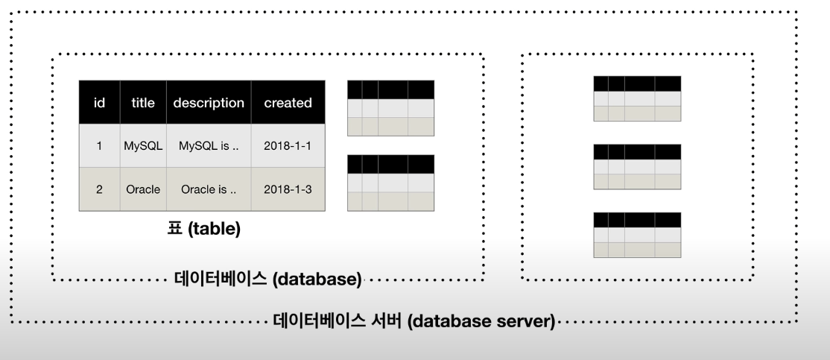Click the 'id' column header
tap(99, 103)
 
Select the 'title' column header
tap(143, 103)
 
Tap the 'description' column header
tap(209, 103)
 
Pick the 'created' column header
tap(288, 103)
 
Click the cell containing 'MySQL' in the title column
tap(143, 146)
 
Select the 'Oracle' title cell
tap(143, 189)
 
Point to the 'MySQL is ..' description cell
tap(209, 146)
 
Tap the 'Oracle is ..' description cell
tap(209, 189)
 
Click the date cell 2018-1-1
tap(288, 146)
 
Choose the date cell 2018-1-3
tap(288, 189)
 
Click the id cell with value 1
tap(99, 146)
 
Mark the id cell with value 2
tap(99, 189)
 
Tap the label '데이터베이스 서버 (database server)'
tap(414, 322)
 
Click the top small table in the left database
tap(390, 108)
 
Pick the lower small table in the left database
tap(390, 183)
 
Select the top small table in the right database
tap(637, 98)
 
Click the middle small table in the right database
tap(637, 167)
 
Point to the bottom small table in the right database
tap(637, 235)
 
